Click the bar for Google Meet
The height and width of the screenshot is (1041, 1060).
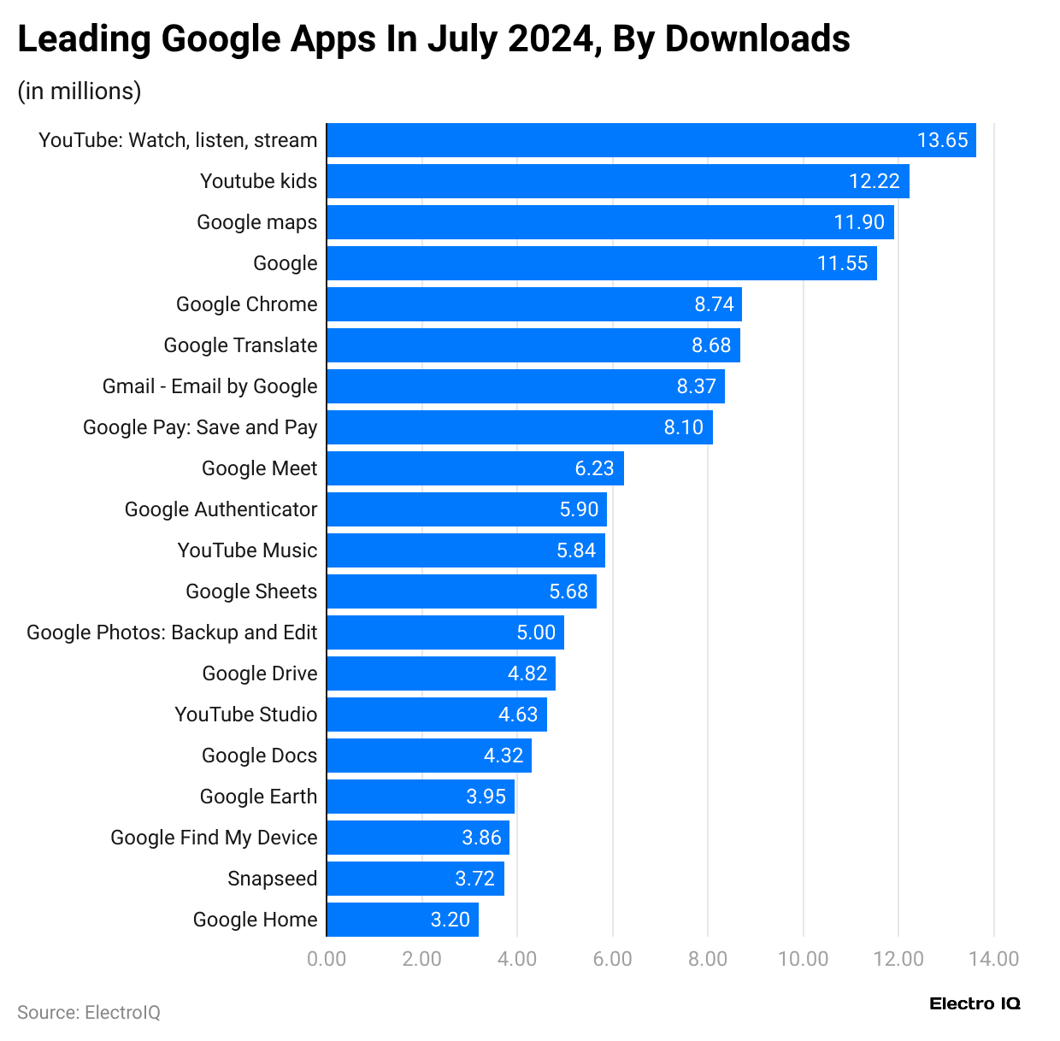point(474,468)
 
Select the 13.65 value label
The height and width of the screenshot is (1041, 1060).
point(942,140)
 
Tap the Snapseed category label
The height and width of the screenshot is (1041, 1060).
point(272,879)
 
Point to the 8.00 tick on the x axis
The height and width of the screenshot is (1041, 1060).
point(708,959)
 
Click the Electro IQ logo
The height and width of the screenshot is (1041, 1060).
point(975,1003)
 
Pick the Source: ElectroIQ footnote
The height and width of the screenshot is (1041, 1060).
point(89,1013)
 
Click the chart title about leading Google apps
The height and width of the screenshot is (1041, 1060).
point(433,39)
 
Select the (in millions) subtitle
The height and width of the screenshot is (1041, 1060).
point(79,91)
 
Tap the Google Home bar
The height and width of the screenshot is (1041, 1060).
point(402,920)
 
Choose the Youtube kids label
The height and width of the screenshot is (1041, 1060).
point(258,181)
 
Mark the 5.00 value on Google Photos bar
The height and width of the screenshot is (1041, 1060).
point(536,632)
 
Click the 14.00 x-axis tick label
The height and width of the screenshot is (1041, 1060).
point(993,959)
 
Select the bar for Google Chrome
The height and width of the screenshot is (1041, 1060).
point(534,304)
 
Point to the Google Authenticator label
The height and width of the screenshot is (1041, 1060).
point(221,509)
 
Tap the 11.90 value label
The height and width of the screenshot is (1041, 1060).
point(859,222)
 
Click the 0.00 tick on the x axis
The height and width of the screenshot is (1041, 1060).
point(327,959)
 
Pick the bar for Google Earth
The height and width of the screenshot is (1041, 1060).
point(420,797)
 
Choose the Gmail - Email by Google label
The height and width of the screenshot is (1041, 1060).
point(209,386)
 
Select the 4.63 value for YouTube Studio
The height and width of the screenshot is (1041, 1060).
point(518,715)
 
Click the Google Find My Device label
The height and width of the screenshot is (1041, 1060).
point(214,838)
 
